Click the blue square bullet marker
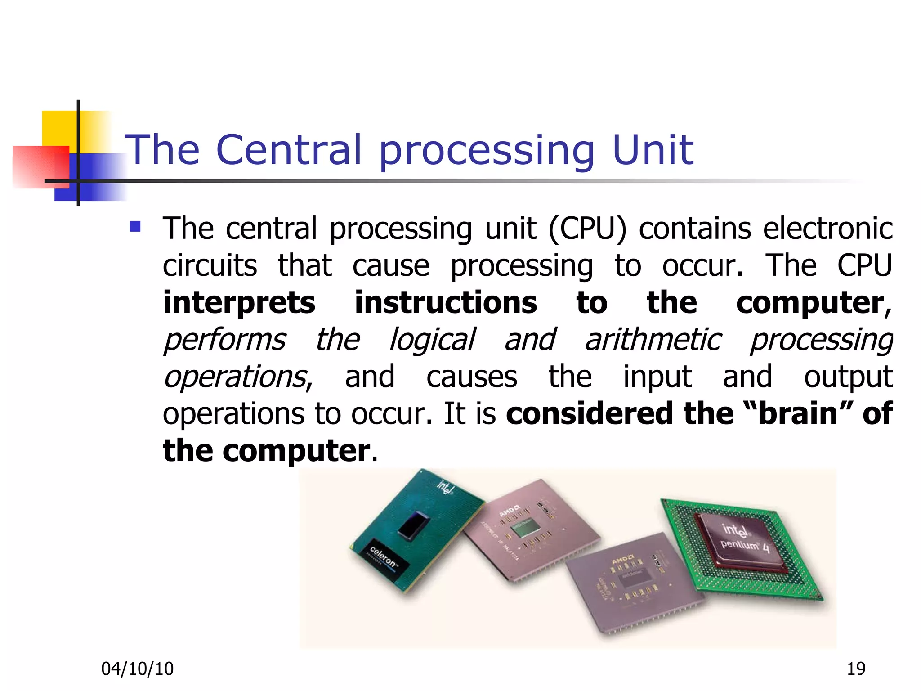tap(135, 226)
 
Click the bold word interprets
tap(239, 303)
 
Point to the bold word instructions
tap(446, 302)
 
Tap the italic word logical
tap(432, 341)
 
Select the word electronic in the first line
tap(827, 229)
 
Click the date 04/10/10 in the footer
tap(137, 669)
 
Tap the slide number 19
tap(856, 669)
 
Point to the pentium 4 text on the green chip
tap(745, 546)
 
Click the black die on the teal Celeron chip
tap(413, 525)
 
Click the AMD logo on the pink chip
tap(510, 512)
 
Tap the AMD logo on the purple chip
tap(623, 561)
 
